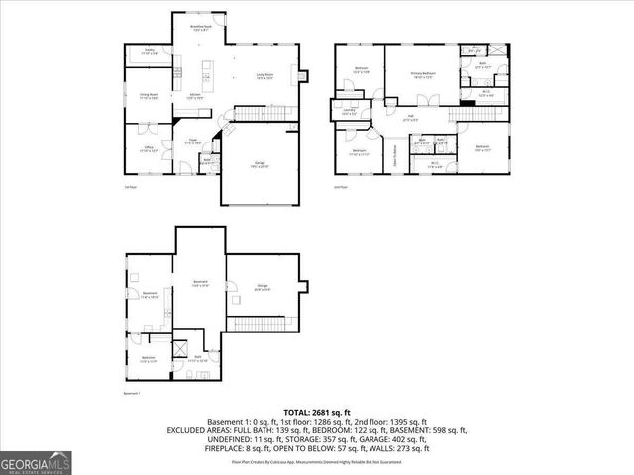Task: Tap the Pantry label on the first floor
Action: click(x=149, y=50)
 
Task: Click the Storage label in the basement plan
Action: click(x=263, y=288)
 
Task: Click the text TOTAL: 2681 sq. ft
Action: click(x=316, y=411)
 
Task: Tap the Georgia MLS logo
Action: click(x=33, y=462)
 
